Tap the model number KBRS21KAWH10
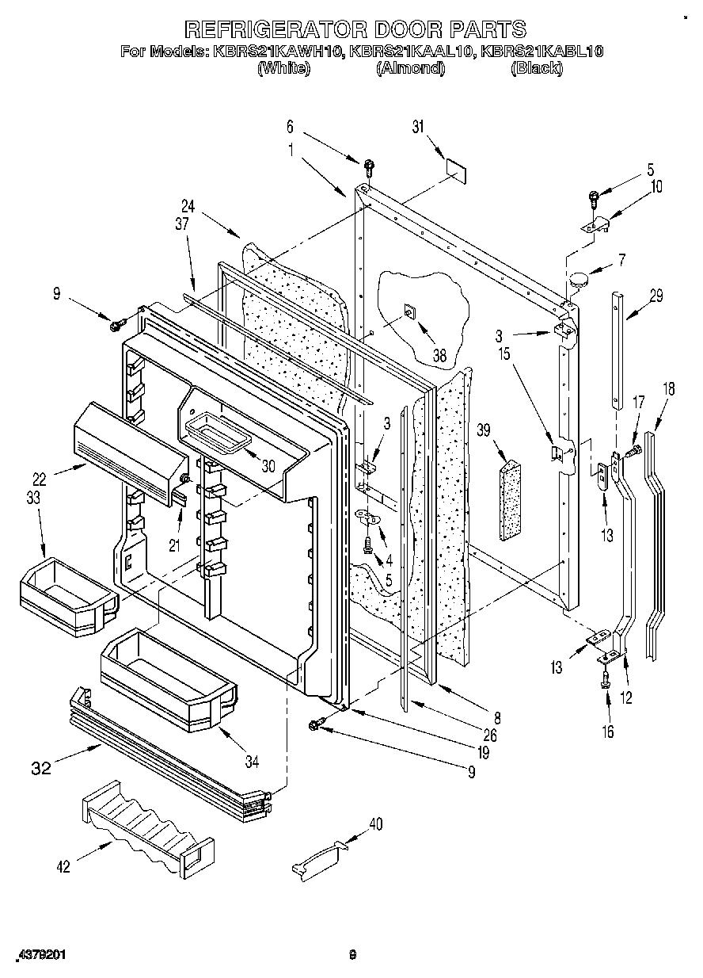(x=267, y=52)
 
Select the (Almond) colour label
(x=411, y=69)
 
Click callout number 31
(x=419, y=128)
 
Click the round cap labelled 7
(x=576, y=278)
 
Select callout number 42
(x=63, y=866)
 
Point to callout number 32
(x=42, y=767)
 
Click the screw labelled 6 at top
(x=369, y=167)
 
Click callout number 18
(x=669, y=389)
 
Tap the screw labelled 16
(x=606, y=678)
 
